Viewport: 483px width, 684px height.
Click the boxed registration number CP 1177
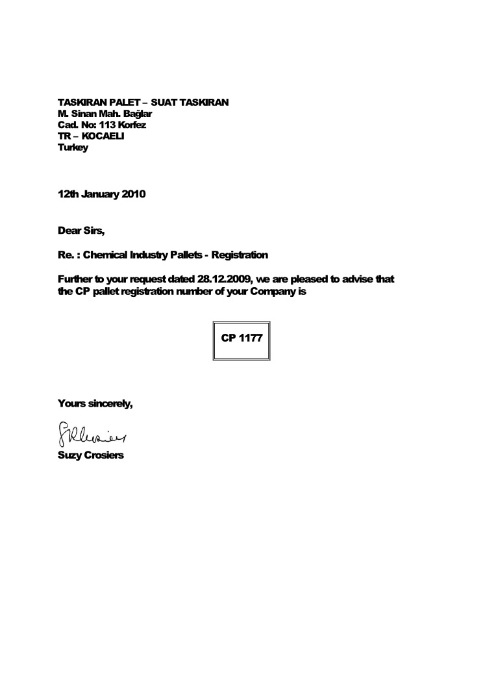click(x=241, y=338)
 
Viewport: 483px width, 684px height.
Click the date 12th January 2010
click(x=102, y=194)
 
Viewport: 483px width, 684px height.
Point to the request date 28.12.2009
click(x=219, y=279)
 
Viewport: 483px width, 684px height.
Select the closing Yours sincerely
click(x=95, y=403)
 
